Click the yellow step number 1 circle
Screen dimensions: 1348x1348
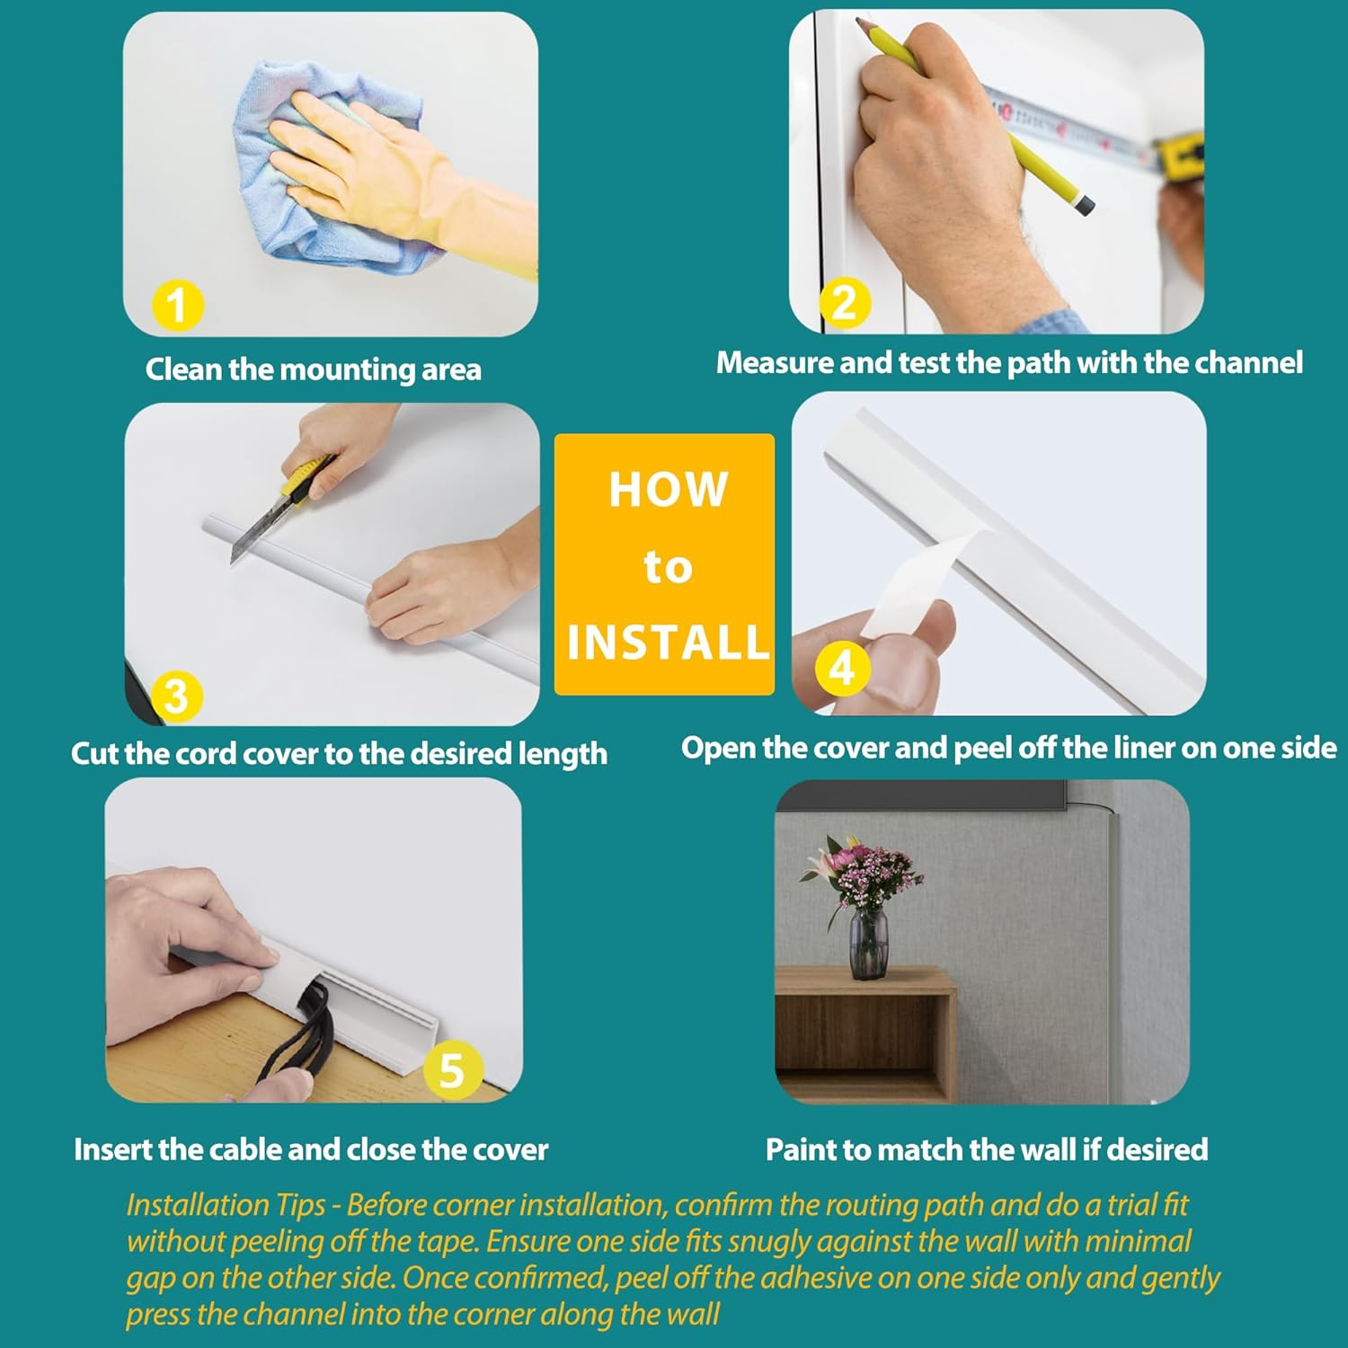(177, 306)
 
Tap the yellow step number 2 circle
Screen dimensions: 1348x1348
(845, 303)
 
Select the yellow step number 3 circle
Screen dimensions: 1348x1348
(176, 696)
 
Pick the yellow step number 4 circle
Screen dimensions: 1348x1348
(841, 669)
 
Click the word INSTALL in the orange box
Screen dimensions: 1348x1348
(668, 643)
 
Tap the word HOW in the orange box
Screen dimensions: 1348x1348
(668, 490)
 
